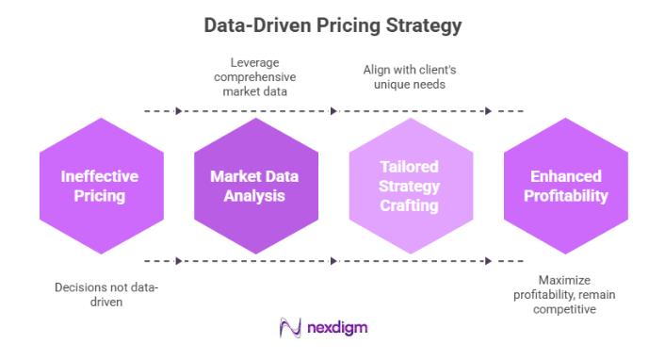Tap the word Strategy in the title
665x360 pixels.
[x=421, y=26]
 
